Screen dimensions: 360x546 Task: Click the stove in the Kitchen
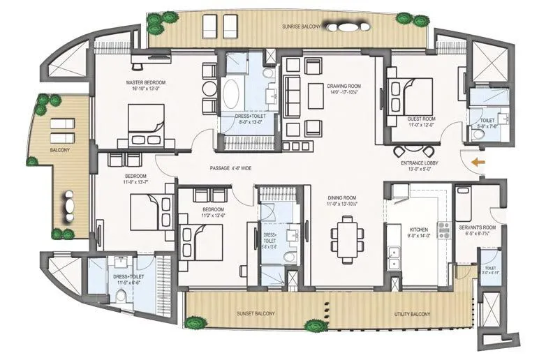[x=443, y=229]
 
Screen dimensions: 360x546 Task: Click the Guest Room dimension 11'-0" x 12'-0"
[x=422, y=126]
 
